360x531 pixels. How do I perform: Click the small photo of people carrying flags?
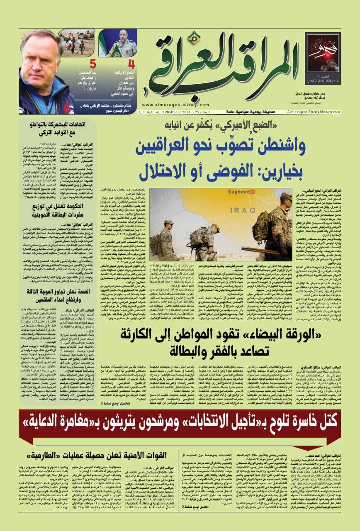pos(76,43)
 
